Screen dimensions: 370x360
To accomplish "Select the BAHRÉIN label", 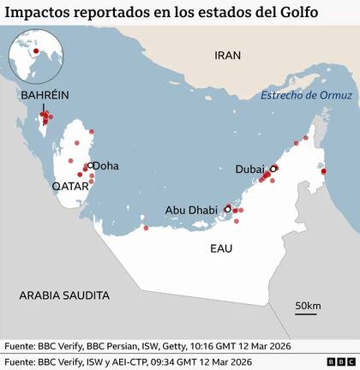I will [x=46, y=95].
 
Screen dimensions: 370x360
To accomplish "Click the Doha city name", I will [x=105, y=166].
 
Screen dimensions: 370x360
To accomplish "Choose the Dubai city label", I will [x=249, y=170].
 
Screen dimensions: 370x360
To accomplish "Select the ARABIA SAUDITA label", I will [x=66, y=295].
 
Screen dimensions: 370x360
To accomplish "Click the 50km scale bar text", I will [x=308, y=307].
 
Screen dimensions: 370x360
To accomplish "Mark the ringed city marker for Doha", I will [x=88, y=166].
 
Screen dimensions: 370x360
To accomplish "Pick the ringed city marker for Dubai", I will [x=273, y=169].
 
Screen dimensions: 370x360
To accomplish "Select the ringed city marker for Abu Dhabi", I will [x=228, y=207].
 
